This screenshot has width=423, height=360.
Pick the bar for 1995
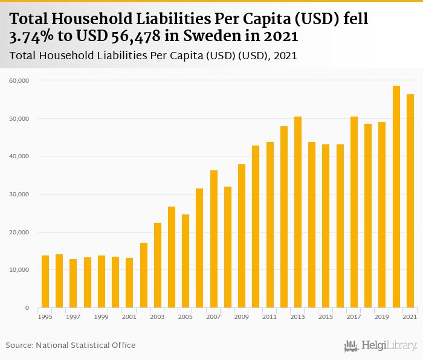point(45,281)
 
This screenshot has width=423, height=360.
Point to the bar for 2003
point(158,265)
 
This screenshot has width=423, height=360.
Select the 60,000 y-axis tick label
point(21,80)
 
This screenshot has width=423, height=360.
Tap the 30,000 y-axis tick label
point(21,194)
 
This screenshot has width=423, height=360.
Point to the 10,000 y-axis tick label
point(21,270)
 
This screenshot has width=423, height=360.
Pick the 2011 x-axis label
point(270,317)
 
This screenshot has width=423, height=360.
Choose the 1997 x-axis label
point(73,317)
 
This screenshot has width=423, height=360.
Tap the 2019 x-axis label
point(382,317)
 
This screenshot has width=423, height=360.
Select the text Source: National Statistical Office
point(71,345)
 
